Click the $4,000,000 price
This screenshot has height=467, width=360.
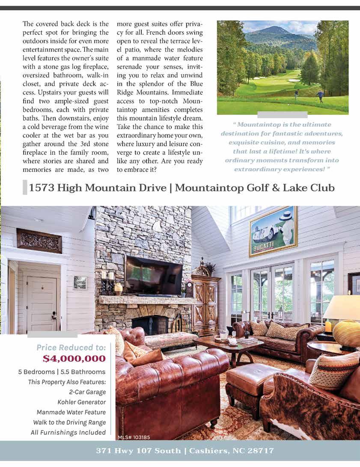[x=74, y=358]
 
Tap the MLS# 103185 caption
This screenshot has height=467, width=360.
[x=134, y=437]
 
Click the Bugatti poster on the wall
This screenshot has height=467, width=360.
[x=273, y=231]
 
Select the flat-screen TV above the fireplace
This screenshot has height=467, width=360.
[x=154, y=275]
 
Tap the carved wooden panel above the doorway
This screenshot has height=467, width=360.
[x=39, y=240]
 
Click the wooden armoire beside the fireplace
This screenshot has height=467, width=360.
[x=206, y=304]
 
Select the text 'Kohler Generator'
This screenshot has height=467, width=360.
[x=81, y=402]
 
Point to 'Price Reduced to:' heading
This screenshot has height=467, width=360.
[x=71, y=347]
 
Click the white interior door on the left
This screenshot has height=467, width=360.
[x=41, y=304]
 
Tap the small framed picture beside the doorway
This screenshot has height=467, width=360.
[x=80, y=282]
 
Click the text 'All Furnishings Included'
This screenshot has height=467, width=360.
[x=68, y=432]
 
